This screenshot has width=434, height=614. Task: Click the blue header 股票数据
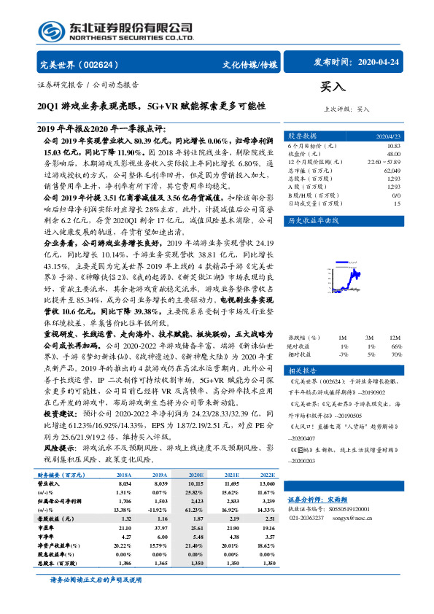point(300,136)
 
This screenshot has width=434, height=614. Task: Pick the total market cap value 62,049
point(392,169)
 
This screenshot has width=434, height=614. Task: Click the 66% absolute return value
point(396,346)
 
